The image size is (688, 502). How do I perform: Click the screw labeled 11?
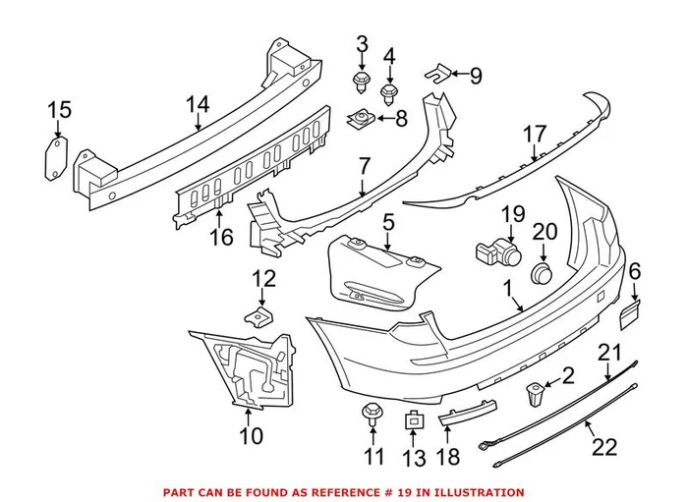373,414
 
